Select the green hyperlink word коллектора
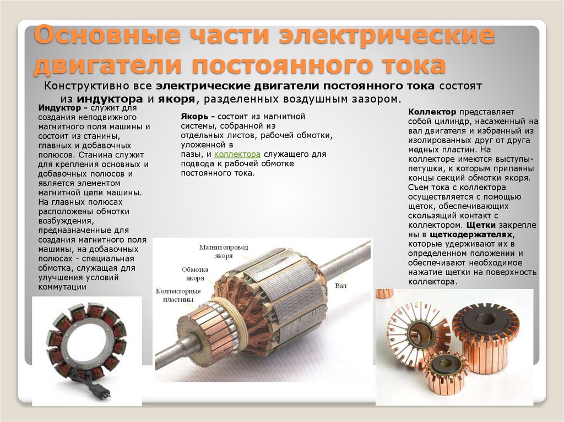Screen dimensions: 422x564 [x=237, y=155]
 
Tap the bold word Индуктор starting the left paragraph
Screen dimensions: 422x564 [x=56, y=108]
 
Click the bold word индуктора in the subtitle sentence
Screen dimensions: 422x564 [x=110, y=99]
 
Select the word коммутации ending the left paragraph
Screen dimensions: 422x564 [x=62, y=287]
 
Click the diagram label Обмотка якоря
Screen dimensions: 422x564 [x=195, y=273]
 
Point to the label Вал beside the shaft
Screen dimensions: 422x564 [x=340, y=287]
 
